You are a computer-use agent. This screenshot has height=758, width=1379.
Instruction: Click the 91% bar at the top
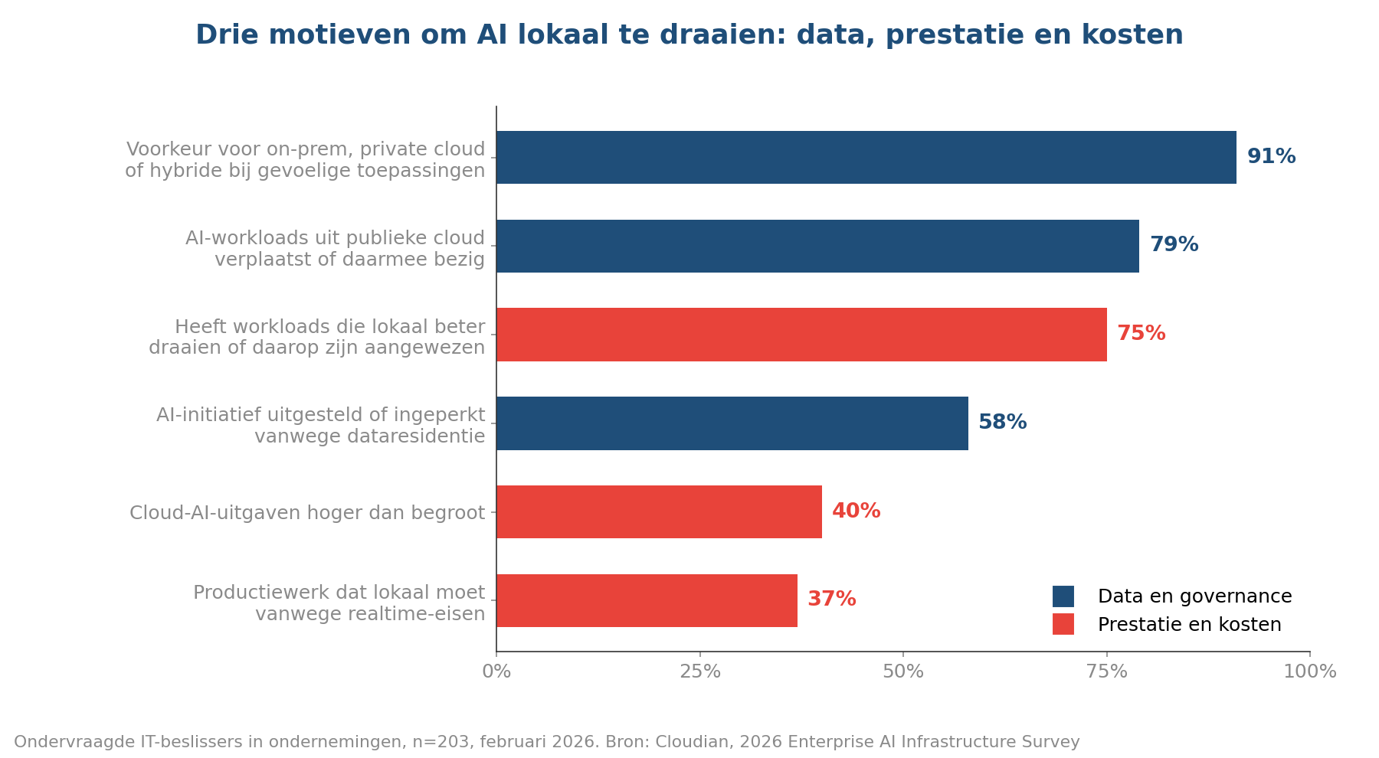coord(866,157)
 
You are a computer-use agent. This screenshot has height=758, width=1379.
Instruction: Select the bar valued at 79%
coord(817,246)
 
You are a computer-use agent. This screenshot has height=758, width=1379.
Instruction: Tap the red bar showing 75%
coord(801,335)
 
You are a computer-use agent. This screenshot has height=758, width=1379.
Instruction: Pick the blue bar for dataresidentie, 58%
coord(732,423)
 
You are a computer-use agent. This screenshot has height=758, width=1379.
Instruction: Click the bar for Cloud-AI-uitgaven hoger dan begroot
coord(659,511)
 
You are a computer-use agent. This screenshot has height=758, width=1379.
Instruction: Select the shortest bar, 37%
coord(647,600)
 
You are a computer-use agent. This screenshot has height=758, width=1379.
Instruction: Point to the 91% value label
coord(1272,157)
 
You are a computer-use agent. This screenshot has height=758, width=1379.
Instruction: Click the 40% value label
coord(857,511)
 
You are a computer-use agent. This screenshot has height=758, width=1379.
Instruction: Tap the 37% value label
coord(832,600)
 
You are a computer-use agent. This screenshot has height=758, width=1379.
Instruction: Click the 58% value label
coord(1003,423)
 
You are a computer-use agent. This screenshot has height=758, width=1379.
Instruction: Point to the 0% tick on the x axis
coord(496,671)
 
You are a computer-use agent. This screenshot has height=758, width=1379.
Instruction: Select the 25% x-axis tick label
coord(700,671)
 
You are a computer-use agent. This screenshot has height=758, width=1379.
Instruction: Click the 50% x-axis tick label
coord(903,671)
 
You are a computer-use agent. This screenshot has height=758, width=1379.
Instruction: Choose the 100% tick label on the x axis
coord(1310,671)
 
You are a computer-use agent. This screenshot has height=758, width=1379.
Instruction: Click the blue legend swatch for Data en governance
coord(1063,596)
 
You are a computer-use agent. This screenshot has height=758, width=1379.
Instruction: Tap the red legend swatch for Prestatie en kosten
coord(1063,624)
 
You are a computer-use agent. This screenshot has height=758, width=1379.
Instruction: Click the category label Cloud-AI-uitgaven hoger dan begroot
coord(307,513)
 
